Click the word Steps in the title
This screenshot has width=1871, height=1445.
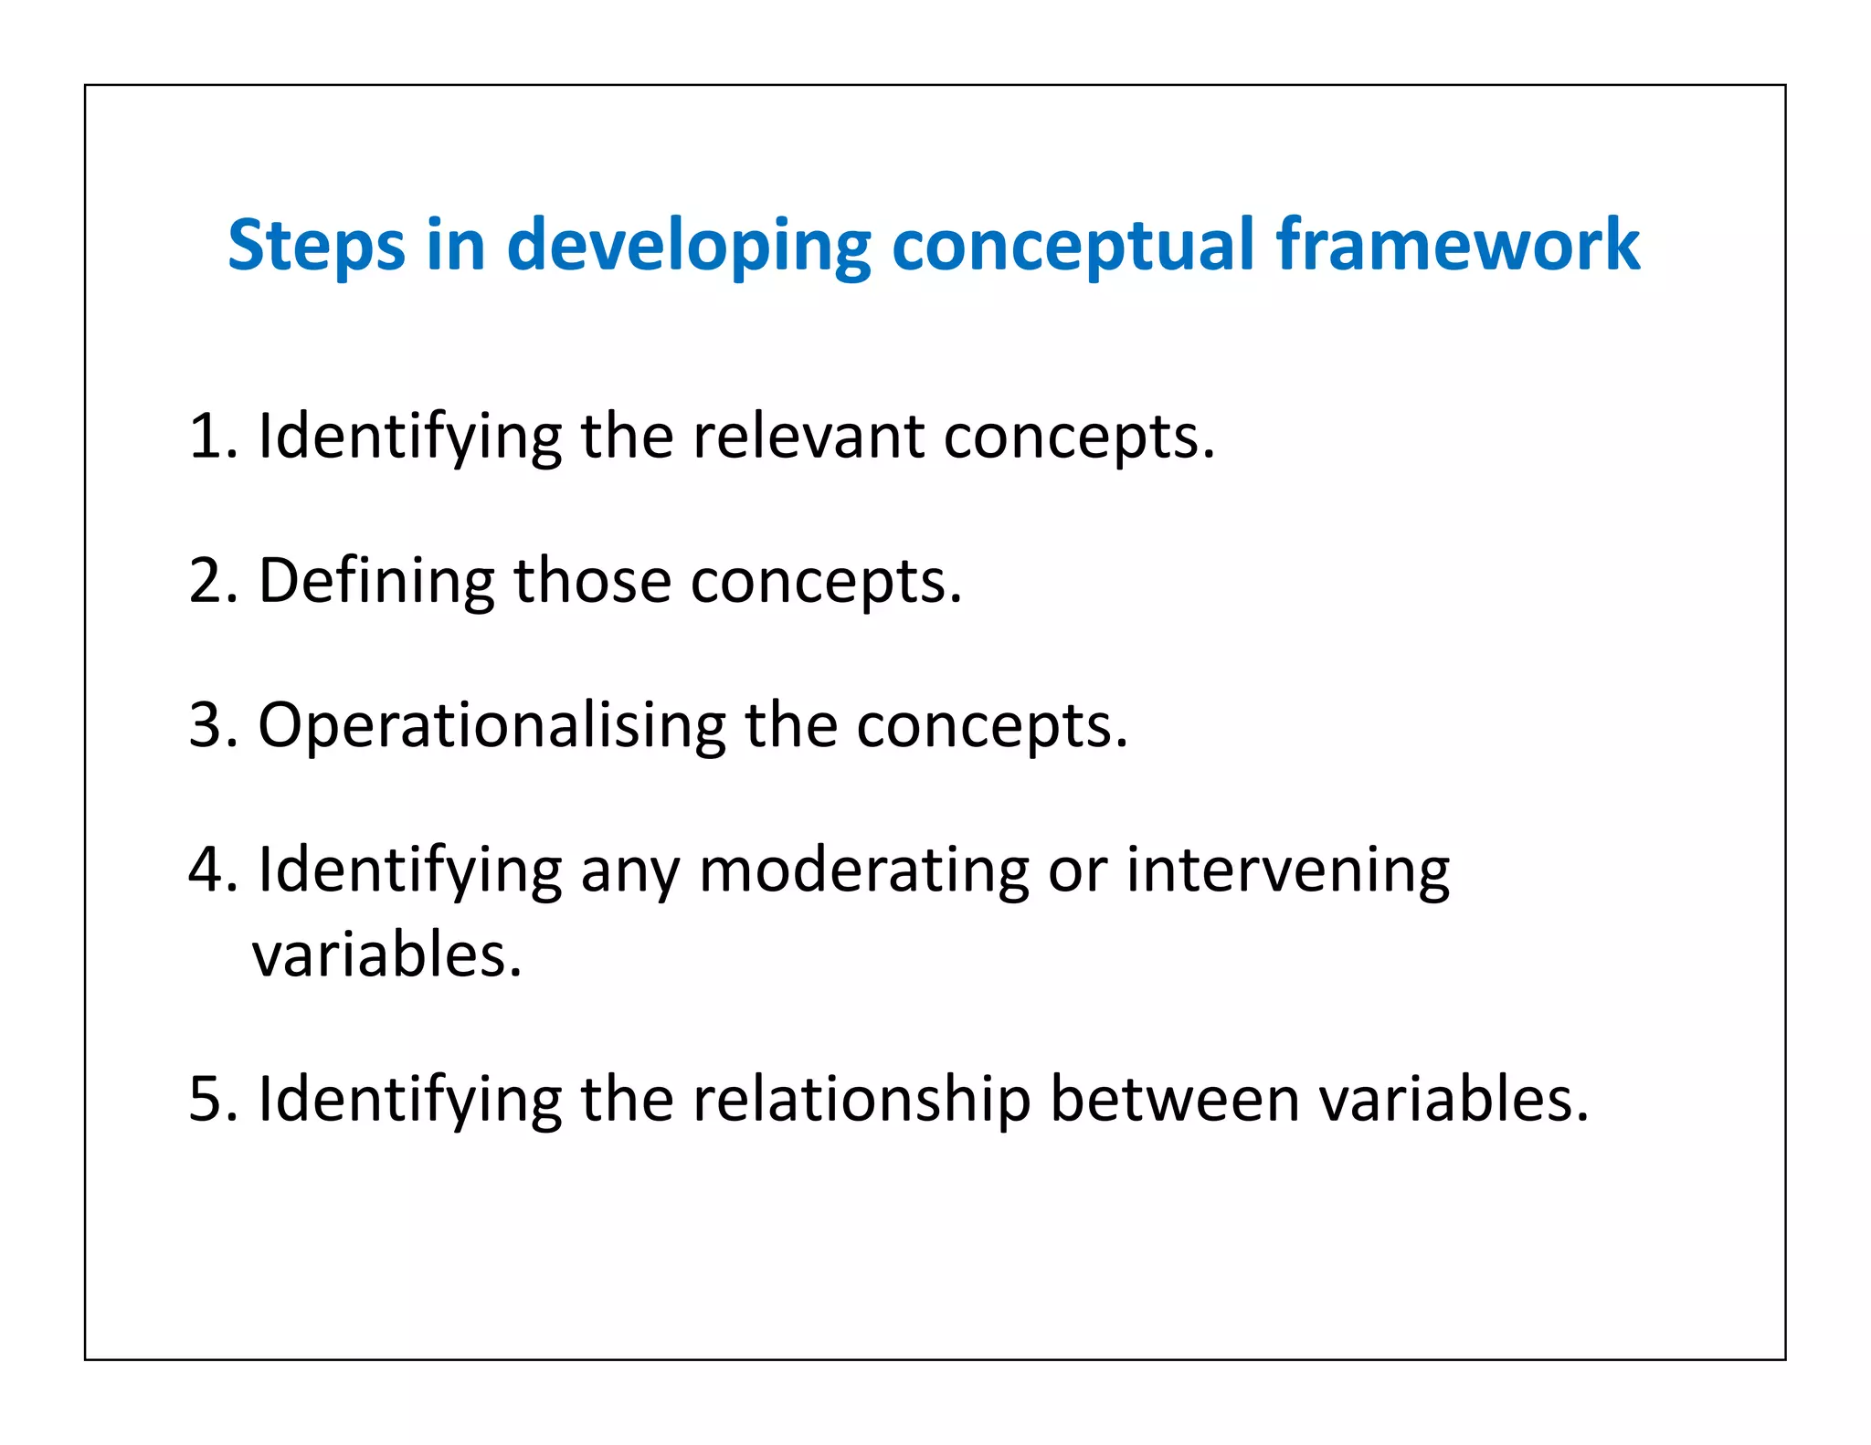(x=316, y=245)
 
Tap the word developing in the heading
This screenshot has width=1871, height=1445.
(x=689, y=245)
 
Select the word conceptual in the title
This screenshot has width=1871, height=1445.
(x=1073, y=245)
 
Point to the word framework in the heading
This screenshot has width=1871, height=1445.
(x=1458, y=245)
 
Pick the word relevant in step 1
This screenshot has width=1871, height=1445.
(x=809, y=436)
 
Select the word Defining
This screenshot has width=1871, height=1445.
(x=376, y=580)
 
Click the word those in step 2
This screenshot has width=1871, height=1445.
(x=593, y=580)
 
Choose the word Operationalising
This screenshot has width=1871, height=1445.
(x=492, y=724)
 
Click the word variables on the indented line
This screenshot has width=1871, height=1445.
(x=386, y=955)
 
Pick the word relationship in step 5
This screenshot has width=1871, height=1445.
(x=862, y=1098)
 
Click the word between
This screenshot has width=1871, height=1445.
(x=1175, y=1098)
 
